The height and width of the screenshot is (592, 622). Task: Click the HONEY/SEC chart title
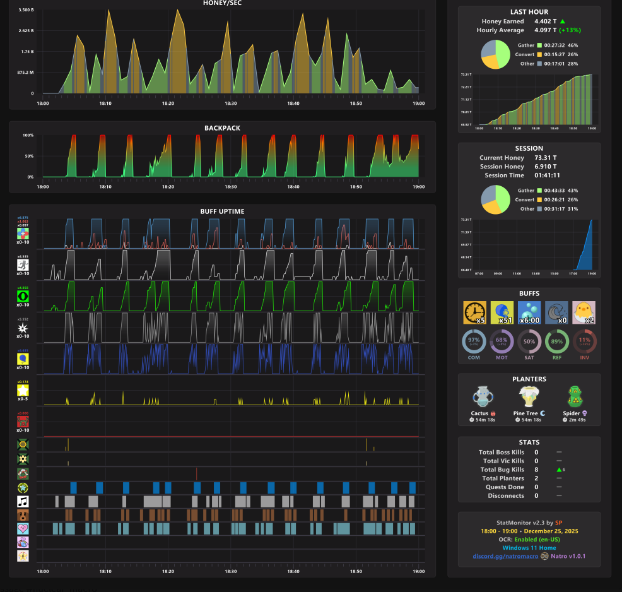pos(222,3)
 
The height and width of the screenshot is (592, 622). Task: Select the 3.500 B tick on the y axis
pos(26,10)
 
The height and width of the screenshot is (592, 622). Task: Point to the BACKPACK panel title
pos(222,128)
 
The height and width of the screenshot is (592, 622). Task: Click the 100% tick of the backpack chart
pos(28,135)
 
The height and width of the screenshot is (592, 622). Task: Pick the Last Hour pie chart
pos(495,54)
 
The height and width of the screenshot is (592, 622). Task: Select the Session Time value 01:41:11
pos(547,175)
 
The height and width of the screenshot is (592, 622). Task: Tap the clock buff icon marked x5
pos(474,312)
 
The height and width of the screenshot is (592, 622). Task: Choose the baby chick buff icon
pos(583,312)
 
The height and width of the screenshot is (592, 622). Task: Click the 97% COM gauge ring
pos(474,341)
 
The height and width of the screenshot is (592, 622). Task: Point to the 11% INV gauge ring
pos(585,341)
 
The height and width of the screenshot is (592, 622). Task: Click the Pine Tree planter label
pos(526,413)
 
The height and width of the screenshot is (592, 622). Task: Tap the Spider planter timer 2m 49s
pos(577,420)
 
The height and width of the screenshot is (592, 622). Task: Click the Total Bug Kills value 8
pos(536,470)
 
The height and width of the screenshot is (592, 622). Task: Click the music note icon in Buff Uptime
pos(23,502)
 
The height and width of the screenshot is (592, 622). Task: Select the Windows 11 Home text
pos(529,548)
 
